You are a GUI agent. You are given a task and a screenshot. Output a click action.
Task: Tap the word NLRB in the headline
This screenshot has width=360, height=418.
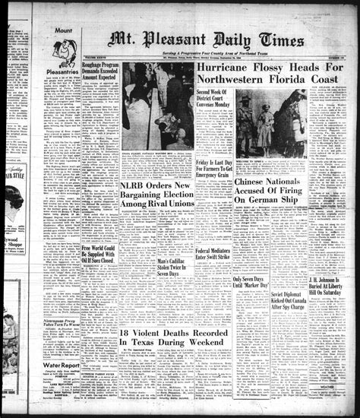136,186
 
